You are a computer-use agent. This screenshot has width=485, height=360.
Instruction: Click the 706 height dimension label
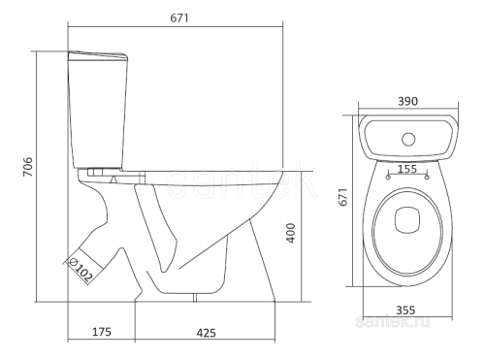[28, 167]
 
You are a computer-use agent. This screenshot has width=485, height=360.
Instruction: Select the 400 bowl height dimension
[291, 233]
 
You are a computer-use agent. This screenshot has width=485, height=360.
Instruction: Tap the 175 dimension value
[102, 332]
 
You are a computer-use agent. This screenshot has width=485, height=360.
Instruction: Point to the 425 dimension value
[207, 333]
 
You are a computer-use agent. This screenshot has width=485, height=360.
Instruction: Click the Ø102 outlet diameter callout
[81, 269]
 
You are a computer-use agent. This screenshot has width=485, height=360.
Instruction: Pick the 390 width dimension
[408, 101]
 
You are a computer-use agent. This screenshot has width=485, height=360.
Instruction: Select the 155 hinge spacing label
[407, 169]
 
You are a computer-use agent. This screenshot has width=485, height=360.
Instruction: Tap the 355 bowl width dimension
[405, 311]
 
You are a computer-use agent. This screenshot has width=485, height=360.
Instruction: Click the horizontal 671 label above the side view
[179, 18]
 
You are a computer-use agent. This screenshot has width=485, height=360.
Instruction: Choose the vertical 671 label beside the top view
[343, 197]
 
